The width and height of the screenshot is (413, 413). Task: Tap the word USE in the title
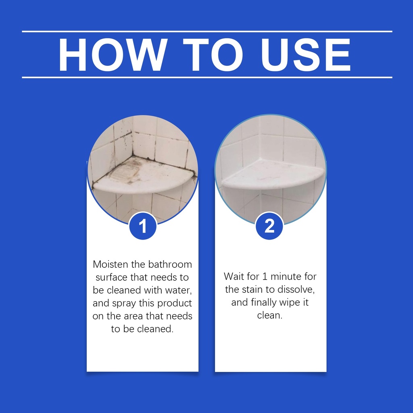tap(306, 55)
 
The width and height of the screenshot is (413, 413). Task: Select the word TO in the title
tap(213, 55)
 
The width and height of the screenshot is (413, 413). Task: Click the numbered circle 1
tap(143, 226)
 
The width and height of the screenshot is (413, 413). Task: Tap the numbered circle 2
tap(269, 226)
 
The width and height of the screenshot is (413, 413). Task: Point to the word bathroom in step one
tap(170, 264)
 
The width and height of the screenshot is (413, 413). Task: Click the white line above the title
tap(207, 31)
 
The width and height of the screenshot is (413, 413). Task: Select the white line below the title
tap(207, 77)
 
